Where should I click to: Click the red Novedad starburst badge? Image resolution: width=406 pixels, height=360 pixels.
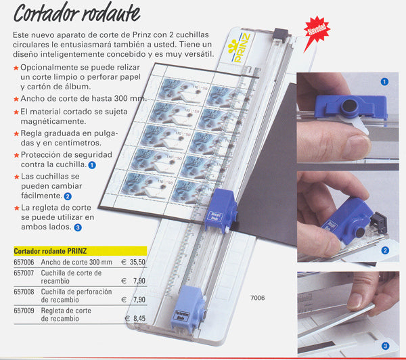(317, 30)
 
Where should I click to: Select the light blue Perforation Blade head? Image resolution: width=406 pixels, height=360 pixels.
(189, 309)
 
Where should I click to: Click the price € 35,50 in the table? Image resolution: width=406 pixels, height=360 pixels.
(133, 262)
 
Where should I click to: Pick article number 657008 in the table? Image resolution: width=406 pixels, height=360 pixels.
(24, 292)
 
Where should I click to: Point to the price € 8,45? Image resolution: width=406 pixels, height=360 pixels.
(135, 318)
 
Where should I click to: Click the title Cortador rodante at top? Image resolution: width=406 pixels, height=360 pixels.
(77, 14)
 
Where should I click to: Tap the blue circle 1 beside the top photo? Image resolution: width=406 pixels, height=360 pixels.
(384, 82)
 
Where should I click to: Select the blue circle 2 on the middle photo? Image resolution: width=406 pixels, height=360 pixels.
(385, 250)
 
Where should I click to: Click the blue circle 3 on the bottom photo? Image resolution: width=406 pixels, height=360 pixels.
(385, 346)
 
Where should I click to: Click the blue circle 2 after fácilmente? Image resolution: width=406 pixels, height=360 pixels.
(68, 196)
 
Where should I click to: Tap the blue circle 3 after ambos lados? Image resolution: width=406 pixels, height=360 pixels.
(78, 227)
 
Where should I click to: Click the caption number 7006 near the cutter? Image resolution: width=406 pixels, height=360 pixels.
(257, 298)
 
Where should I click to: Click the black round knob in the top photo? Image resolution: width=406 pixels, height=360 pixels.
(349, 106)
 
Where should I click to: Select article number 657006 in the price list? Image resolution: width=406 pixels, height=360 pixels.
(24, 262)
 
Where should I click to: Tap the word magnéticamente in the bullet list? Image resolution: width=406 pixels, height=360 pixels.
(53, 121)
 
